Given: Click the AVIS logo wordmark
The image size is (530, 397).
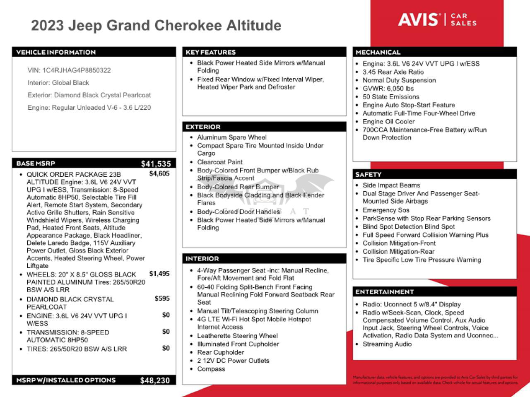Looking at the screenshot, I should coord(418,20).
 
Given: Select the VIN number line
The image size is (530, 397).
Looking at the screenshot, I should coord(69,70).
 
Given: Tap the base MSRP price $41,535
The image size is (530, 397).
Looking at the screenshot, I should coord(156,164).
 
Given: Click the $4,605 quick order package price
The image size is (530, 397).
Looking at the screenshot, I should coord(159,173).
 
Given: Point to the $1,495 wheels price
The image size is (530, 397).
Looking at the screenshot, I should coord(159,274).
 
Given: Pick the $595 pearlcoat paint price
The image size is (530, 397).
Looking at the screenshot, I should coord(162,298).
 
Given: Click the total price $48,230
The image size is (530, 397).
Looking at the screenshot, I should coord(155,380).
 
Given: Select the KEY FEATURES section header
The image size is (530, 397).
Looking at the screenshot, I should coord(211,52).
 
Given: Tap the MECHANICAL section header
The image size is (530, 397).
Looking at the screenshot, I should coord(378,52).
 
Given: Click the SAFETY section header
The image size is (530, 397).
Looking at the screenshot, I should coord(368,174).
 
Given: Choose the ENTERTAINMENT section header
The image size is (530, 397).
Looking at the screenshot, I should coord(385,292).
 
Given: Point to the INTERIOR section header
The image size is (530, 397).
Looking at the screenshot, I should coord(202,259).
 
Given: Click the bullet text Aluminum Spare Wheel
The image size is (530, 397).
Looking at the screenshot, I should coord(232,137).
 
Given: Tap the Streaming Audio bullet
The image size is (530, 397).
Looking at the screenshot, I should coord(387,344).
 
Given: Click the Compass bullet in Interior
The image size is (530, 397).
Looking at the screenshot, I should coord(211,369).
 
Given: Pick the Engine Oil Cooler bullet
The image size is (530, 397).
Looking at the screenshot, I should coord(388,122).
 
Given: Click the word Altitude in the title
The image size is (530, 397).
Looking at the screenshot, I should coord(254,26).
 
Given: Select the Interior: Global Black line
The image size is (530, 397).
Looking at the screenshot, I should coord(58,83).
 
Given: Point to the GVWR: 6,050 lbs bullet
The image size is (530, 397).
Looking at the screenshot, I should coord(388,89).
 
